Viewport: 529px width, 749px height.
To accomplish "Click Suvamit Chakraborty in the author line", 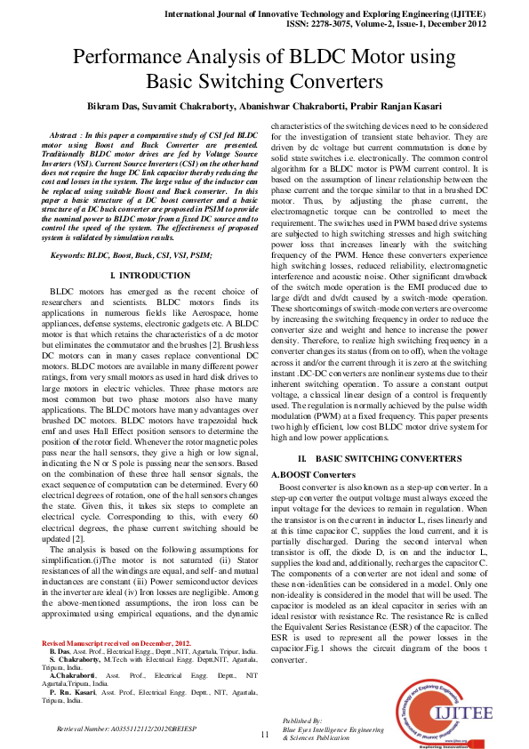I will (x=202, y=106).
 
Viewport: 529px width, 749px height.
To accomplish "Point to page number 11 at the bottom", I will (x=264, y=734).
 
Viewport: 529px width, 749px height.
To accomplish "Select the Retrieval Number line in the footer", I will (x=125, y=728).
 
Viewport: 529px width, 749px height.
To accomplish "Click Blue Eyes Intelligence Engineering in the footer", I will (x=326, y=728).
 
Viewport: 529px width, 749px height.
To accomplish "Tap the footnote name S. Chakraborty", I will (x=79, y=659).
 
